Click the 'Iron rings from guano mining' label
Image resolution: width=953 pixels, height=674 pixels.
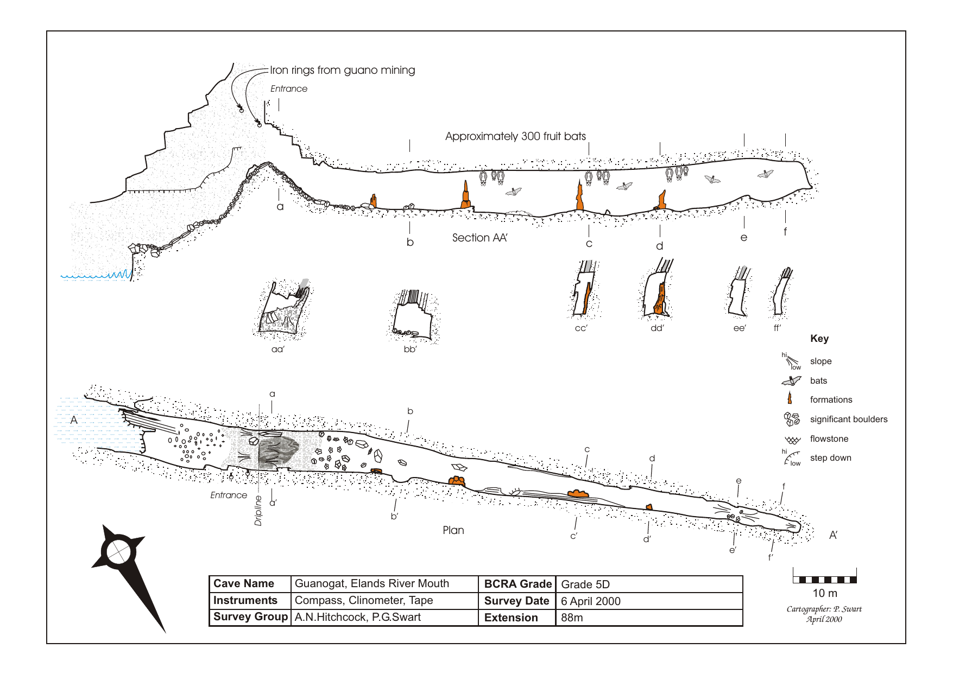[342, 70]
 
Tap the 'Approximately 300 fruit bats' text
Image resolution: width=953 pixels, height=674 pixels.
[515, 136]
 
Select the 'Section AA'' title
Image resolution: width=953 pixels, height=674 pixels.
[479, 238]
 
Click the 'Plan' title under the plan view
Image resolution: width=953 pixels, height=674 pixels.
[453, 530]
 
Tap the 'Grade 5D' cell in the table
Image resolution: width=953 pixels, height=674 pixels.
[585, 584]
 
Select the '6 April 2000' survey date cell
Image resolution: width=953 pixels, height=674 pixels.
[590, 601]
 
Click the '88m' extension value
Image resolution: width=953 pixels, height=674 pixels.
[572, 618]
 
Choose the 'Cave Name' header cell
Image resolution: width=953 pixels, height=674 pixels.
[244, 583]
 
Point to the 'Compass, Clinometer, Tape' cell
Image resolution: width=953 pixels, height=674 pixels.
[363, 600]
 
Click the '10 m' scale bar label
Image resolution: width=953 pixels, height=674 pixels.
[824, 593]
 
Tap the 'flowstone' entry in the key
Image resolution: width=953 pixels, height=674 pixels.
[829, 438]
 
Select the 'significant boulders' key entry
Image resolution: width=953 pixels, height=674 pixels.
[848, 419]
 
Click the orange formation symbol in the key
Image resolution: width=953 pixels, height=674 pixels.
[790, 399]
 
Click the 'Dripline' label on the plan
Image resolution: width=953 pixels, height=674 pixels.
[258, 510]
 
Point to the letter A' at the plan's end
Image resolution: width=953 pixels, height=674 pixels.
[833, 535]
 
